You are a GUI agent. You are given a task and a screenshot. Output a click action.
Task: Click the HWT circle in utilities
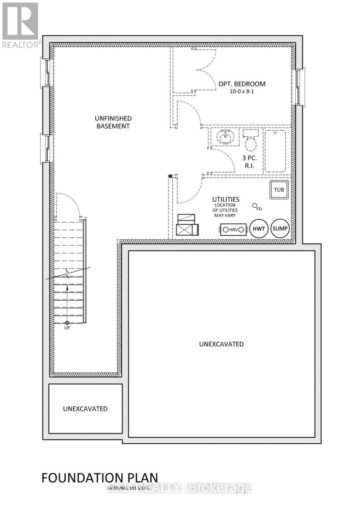(x=259, y=229)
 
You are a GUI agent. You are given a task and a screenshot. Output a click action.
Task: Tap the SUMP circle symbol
(x=280, y=229)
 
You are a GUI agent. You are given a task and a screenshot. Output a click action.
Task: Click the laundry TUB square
(x=279, y=190)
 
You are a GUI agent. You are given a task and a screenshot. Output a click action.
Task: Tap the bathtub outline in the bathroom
(x=275, y=151)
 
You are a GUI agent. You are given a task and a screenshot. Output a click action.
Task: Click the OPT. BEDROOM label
(x=242, y=84)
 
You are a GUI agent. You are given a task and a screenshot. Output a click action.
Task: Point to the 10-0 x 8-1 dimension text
(x=242, y=92)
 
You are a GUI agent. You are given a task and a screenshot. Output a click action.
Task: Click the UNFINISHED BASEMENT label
(x=113, y=122)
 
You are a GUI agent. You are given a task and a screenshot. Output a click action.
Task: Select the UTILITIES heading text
(x=226, y=199)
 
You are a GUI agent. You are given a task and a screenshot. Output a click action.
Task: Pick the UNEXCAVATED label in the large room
(x=221, y=344)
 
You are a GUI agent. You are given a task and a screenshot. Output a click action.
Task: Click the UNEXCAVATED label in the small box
(x=85, y=408)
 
